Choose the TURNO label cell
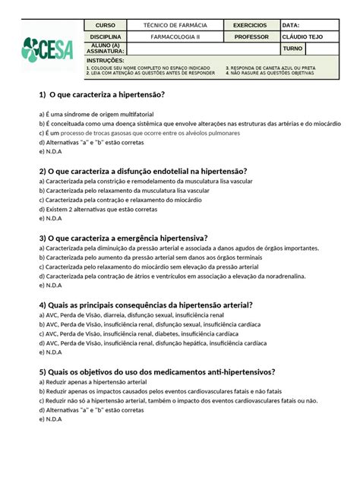point(292,49)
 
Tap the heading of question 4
point(145,305)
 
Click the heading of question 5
point(156,371)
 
